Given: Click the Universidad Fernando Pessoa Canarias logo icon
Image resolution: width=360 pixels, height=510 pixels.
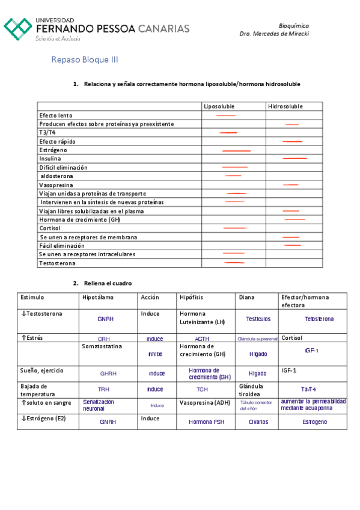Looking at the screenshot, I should pyautogui.click(x=18, y=29).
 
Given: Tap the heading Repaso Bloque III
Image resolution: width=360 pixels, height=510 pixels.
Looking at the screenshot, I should pyautogui.click(x=85, y=60).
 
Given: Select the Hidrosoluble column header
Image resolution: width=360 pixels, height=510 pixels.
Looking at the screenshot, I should pyautogui.click(x=285, y=106).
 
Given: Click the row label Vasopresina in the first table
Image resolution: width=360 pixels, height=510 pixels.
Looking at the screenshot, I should pyautogui.click(x=56, y=185).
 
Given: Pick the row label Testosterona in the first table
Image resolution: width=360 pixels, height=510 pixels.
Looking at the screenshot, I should pyautogui.click(x=58, y=263).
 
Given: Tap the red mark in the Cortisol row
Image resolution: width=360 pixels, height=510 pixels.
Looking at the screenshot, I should pyautogui.click(x=235, y=229).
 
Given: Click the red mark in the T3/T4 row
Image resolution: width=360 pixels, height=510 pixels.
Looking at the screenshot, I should pyautogui.click(x=228, y=132).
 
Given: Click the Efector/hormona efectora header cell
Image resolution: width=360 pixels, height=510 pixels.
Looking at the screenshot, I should pyautogui.click(x=305, y=301).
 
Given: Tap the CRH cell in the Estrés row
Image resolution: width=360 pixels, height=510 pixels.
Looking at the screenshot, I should pyautogui.click(x=104, y=339).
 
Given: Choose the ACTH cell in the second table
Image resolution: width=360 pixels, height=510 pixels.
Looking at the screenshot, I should pyautogui.click(x=202, y=339).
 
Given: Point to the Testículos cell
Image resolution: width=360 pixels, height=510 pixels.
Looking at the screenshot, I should pyautogui.click(x=258, y=319).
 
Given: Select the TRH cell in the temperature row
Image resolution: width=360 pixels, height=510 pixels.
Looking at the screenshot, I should pyautogui.click(x=104, y=389).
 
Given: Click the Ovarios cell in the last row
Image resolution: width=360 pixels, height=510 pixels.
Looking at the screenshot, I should pyautogui.click(x=258, y=422).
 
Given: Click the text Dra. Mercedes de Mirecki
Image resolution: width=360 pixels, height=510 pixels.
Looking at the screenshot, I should pyautogui.click(x=274, y=34).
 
